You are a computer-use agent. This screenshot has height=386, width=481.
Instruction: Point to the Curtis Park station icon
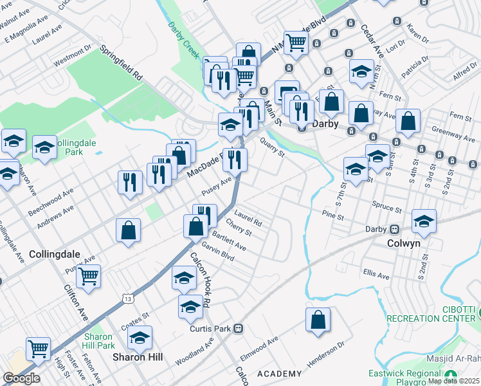(238, 329)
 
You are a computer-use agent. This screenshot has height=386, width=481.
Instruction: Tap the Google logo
(21, 378)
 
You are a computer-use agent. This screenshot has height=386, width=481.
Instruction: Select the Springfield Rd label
(120, 62)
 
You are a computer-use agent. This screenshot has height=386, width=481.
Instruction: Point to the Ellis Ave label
(376, 275)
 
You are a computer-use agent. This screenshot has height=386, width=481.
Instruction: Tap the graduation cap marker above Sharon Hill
(139, 337)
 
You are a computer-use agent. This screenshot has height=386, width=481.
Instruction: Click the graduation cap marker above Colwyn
(424, 221)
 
